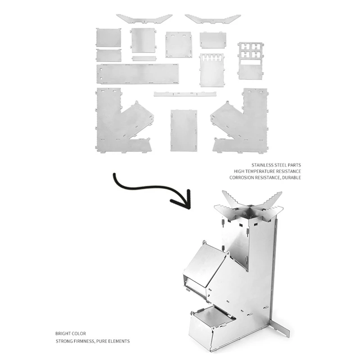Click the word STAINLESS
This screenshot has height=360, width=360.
262,165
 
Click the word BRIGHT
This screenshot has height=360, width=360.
63,334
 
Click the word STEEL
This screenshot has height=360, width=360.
281,165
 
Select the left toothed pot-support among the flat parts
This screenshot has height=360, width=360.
144,18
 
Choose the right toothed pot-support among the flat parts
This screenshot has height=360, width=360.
212,18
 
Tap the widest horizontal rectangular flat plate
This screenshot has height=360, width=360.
137,73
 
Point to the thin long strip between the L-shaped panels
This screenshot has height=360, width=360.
185,94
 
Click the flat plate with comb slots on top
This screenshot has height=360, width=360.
212,70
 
